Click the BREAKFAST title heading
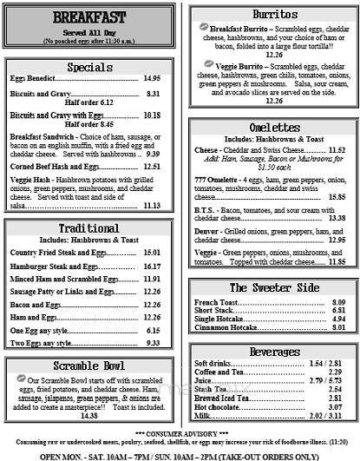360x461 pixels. click(x=88, y=18)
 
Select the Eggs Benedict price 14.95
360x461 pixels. click(x=152, y=79)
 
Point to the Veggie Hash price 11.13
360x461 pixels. click(x=152, y=206)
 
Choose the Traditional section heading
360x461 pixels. click(x=88, y=228)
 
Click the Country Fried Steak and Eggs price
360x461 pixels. click(x=152, y=252)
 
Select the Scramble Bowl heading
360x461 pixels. click(x=88, y=366)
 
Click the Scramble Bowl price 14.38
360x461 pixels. click(x=88, y=416)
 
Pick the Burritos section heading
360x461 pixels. click(x=274, y=15)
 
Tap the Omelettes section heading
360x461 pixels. click(x=274, y=127)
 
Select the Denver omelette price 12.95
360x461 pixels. click(x=337, y=240)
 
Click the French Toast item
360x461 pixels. click(x=215, y=302)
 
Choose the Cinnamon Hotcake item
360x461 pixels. click(x=225, y=327)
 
